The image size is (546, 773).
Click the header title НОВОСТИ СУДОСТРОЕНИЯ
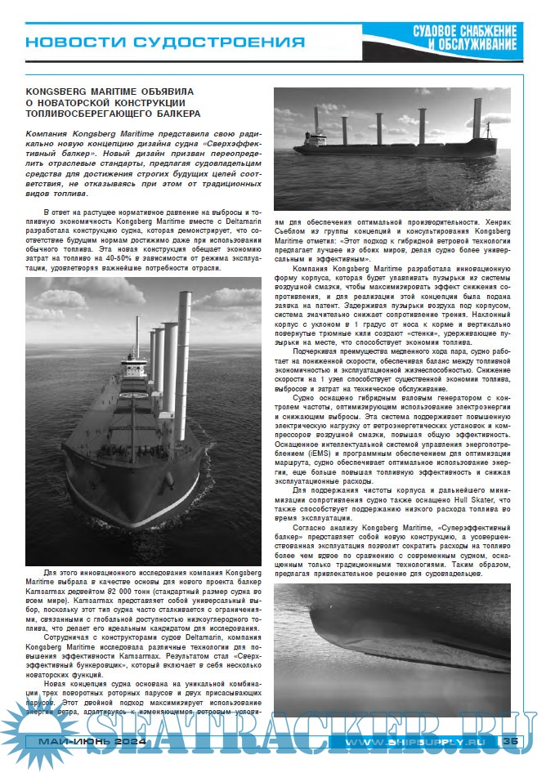(x=164, y=42)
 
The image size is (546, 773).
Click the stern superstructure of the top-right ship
(x=486, y=134)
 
